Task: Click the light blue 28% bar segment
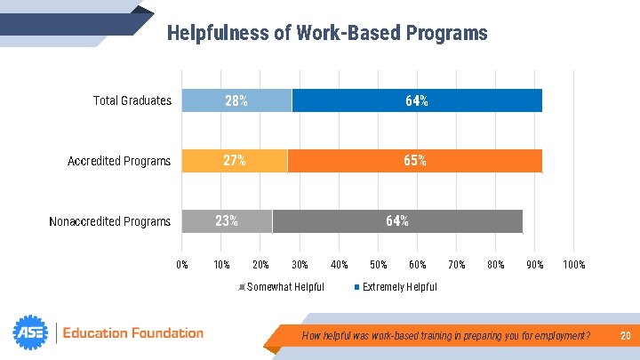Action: click(236, 100)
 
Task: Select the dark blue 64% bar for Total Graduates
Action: click(417, 100)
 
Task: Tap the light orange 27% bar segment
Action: click(235, 161)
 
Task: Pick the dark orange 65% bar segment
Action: click(415, 161)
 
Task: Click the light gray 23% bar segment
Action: click(227, 221)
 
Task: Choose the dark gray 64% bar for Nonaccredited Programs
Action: click(397, 221)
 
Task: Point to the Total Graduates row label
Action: click(132, 100)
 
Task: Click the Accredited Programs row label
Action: click(119, 161)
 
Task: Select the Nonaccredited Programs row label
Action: click(110, 221)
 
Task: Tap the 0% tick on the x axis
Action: click(182, 265)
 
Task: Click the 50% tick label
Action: click(379, 265)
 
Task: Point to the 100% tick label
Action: click(574, 265)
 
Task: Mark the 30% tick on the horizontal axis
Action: click(300, 265)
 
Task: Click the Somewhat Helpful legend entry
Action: click(282, 287)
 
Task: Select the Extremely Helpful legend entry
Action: click(396, 287)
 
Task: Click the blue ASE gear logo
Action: click(30, 332)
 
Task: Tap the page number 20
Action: click(625, 335)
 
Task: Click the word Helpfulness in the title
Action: click(218, 33)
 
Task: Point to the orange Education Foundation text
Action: click(133, 333)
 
